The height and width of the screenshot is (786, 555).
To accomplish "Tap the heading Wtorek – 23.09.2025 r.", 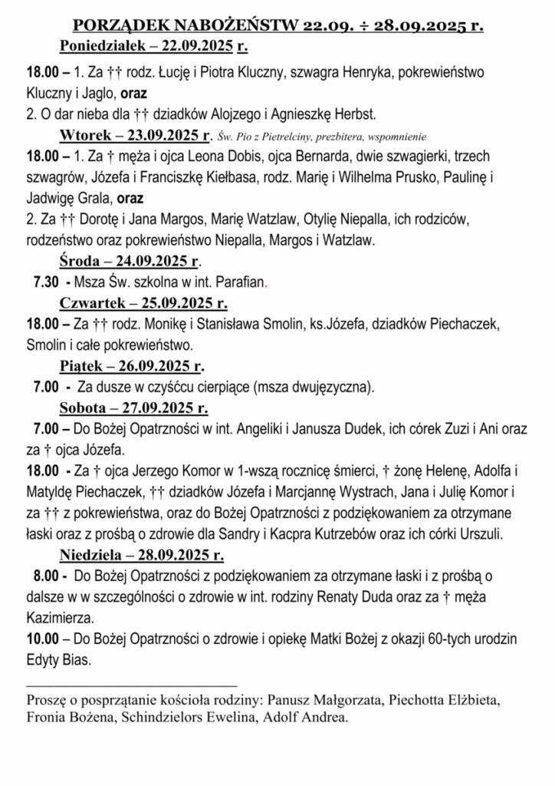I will click(x=135, y=137).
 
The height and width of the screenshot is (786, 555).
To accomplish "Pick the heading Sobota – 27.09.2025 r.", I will click(x=134, y=407).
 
